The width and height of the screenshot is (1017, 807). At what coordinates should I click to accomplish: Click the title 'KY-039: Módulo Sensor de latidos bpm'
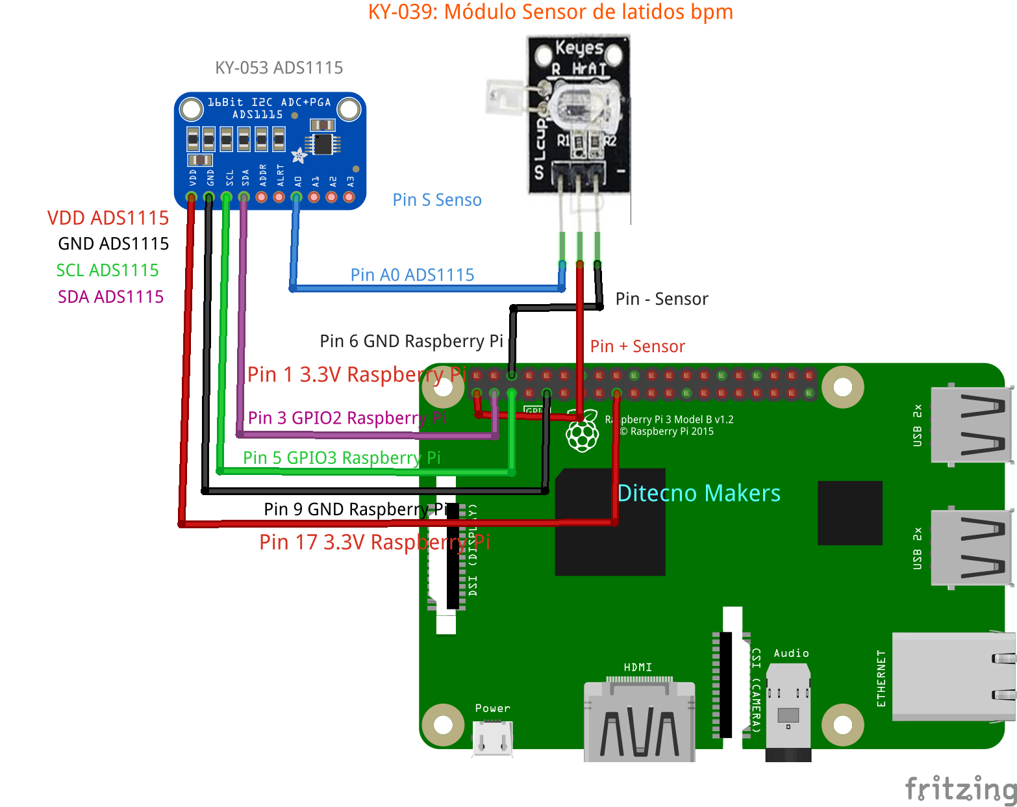[550, 12]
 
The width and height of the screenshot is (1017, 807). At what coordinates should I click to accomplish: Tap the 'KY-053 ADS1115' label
[279, 68]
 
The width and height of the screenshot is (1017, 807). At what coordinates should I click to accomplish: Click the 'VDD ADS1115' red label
[108, 218]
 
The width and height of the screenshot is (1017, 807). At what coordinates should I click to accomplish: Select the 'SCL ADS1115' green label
[107, 270]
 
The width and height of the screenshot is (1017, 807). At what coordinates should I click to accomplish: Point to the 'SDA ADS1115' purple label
[110, 297]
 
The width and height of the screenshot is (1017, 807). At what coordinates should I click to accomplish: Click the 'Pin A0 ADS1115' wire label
[412, 275]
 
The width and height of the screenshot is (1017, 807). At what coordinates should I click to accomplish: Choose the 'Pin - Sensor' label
[661, 299]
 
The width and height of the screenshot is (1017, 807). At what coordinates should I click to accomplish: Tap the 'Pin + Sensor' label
[637, 346]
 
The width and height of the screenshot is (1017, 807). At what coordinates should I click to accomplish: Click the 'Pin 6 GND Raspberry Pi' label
[411, 341]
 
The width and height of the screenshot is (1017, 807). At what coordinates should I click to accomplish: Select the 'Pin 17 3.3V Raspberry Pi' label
[374, 542]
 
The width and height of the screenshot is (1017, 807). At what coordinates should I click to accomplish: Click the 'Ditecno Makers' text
[698, 493]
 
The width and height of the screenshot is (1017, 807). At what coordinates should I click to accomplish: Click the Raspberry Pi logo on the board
[583, 431]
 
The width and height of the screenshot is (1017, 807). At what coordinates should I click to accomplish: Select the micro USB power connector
[492, 737]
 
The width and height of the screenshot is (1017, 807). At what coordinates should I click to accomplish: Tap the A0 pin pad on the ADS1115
[297, 197]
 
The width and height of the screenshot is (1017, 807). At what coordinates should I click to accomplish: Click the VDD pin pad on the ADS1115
[192, 197]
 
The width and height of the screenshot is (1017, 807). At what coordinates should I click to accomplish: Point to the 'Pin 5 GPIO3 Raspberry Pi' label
[342, 458]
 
